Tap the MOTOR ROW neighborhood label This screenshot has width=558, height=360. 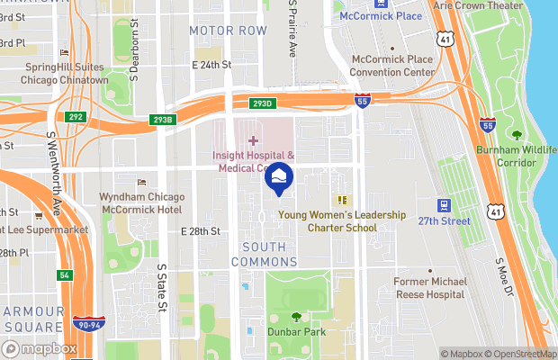pyautogui.click(x=229, y=31)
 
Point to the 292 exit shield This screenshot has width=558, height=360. pyautogui.click(x=75, y=116)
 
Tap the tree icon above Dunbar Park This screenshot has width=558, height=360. pyautogui.click(x=297, y=317)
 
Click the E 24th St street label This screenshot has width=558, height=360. pyautogui.click(x=212, y=65)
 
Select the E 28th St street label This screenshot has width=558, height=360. pyautogui.click(x=200, y=231)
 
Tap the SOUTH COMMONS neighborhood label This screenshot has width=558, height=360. pyautogui.click(x=257, y=254)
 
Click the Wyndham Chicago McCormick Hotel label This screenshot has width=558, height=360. pyautogui.click(x=143, y=202)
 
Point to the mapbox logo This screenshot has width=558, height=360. pyautogui.click(x=40, y=348)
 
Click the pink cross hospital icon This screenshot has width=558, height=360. pyautogui.click(x=253, y=140)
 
